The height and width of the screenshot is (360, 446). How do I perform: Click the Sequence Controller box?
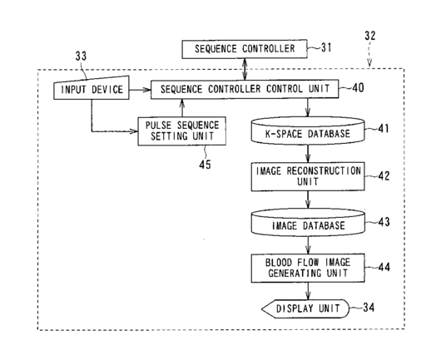point(245,49)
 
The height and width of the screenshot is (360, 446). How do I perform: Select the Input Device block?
point(92,88)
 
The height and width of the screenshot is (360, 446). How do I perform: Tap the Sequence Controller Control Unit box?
point(245,89)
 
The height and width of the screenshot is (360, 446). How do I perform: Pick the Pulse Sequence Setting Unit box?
point(182,131)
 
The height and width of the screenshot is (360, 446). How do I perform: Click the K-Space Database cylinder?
point(308,131)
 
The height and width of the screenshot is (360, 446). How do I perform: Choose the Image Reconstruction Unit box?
point(308,176)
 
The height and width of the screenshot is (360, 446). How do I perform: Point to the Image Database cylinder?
point(308,223)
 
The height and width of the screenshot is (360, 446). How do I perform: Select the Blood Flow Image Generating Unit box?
point(308,268)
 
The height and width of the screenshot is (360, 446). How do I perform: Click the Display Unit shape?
point(305,308)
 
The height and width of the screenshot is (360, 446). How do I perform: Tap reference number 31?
point(326,47)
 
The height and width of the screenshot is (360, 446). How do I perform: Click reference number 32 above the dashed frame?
point(370,36)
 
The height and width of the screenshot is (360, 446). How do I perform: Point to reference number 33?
point(81,57)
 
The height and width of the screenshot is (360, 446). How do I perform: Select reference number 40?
point(358,88)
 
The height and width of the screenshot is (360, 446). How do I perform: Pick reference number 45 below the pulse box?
point(205,165)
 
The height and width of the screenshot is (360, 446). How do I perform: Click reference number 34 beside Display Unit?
point(369,308)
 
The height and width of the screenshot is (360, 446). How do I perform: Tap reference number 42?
point(384,176)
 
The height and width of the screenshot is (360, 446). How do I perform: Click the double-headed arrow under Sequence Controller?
point(245,69)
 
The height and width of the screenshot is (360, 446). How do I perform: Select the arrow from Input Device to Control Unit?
point(140,90)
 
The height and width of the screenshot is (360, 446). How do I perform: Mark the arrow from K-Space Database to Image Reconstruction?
point(308,154)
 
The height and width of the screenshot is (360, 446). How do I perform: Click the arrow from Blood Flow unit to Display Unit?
point(308,291)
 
